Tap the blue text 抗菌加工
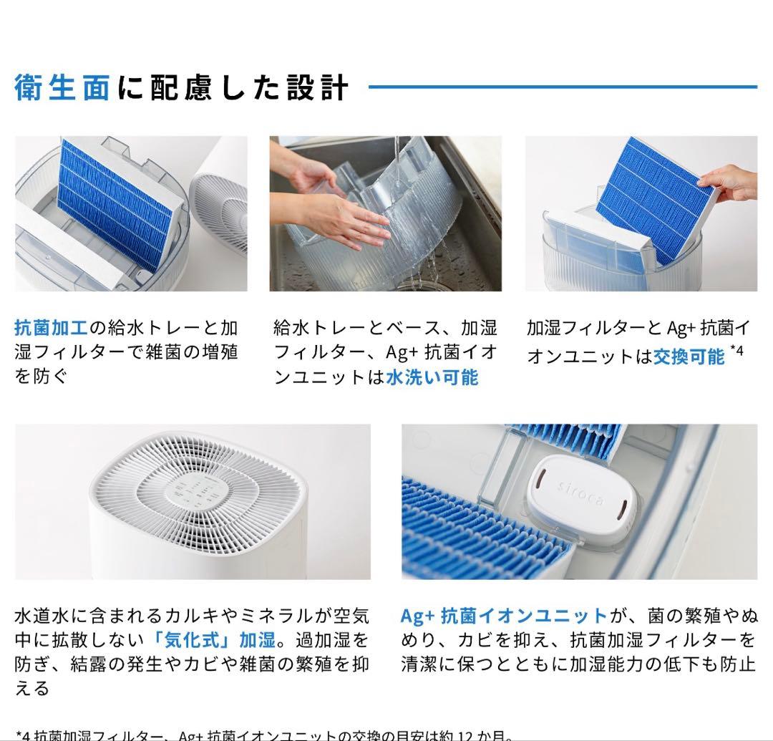click(50, 328)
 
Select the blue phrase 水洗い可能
click(432, 377)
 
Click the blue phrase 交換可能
click(689, 356)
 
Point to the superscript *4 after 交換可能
click(738, 352)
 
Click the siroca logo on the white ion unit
click(580, 494)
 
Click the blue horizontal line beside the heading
click(562, 87)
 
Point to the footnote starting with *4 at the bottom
click(265, 735)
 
